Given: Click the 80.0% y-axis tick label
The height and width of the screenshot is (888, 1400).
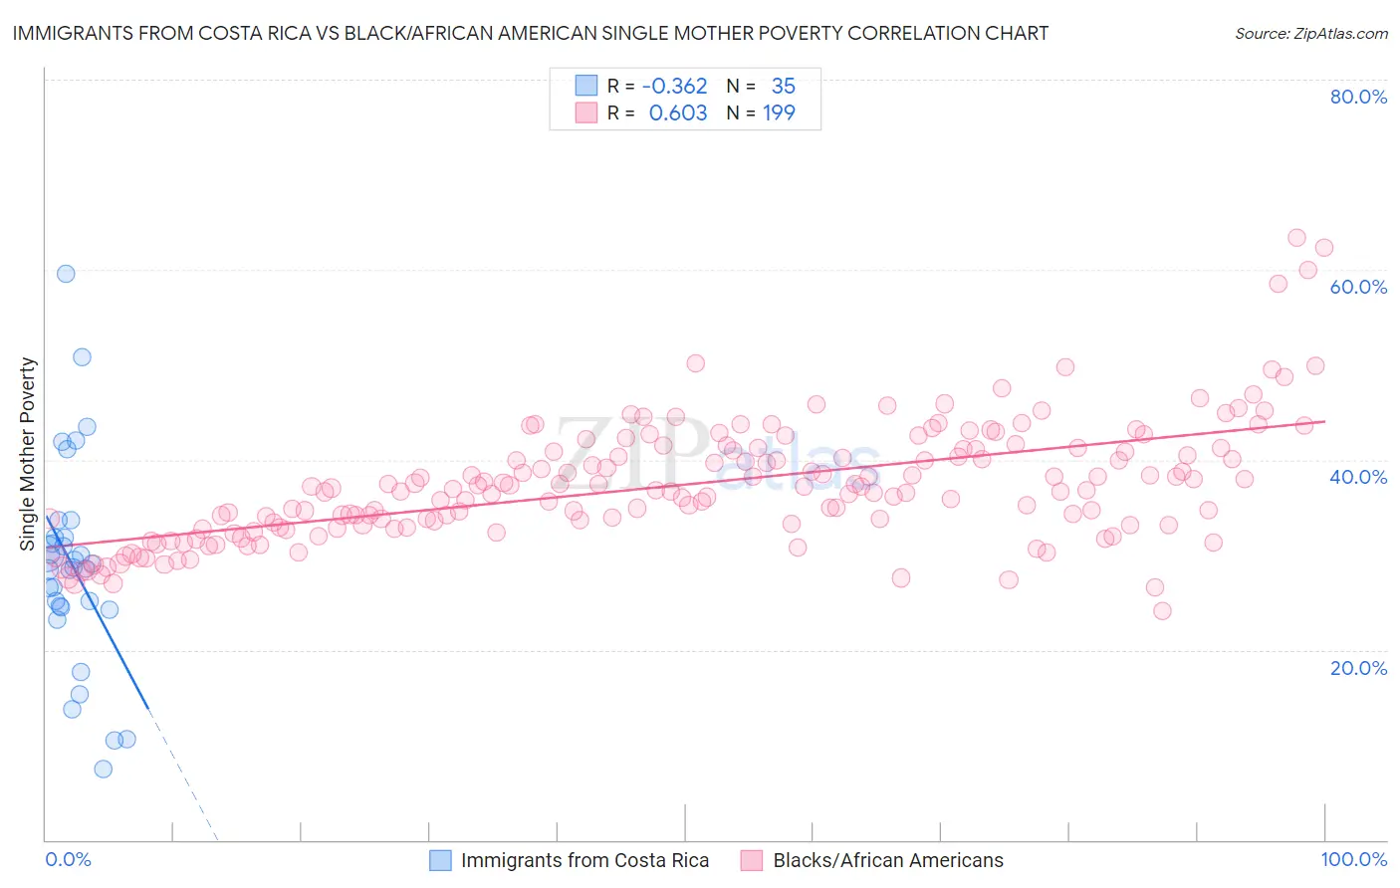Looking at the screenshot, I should [x=1358, y=97].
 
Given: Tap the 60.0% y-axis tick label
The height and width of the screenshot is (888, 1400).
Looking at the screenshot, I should [x=1358, y=287].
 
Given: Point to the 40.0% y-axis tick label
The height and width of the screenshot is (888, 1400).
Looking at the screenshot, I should [x=1358, y=477].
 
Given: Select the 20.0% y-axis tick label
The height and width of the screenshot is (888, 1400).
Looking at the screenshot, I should [x=1358, y=667].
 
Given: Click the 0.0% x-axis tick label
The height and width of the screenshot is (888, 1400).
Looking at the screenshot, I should [x=68, y=859].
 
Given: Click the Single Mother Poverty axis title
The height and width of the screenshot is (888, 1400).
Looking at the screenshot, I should [x=28, y=454].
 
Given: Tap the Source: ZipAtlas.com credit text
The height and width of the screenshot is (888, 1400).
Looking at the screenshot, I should [x=1311, y=33].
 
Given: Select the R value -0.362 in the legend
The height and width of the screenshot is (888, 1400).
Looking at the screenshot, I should [x=674, y=86].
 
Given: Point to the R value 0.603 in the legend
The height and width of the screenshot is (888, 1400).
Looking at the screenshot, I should [x=678, y=112].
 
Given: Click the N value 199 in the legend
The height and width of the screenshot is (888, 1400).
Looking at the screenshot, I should [x=779, y=112].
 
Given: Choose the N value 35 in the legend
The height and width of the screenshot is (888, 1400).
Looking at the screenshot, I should [x=783, y=86].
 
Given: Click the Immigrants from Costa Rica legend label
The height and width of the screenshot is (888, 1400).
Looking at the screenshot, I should [x=584, y=860].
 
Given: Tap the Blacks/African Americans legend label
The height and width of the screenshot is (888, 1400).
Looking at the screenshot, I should [x=888, y=860].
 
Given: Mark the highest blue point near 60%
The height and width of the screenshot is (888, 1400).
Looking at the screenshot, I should [x=66, y=274].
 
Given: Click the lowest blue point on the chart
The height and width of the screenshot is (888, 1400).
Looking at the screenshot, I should [x=103, y=769].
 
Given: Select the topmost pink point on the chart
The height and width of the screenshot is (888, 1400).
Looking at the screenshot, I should [x=1296, y=238].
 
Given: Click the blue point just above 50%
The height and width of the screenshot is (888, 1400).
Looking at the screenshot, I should [x=82, y=357].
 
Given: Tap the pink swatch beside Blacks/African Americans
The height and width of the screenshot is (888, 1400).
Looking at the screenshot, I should [x=751, y=860].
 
